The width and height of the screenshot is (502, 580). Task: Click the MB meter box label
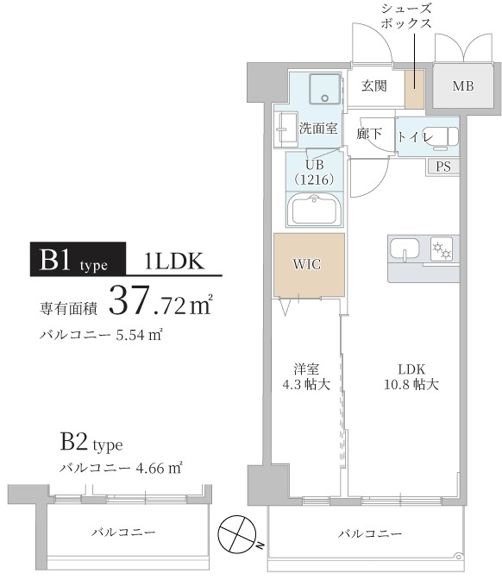[x=462, y=86]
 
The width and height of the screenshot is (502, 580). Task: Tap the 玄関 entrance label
[x=373, y=85]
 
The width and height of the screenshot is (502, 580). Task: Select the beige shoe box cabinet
[x=416, y=85]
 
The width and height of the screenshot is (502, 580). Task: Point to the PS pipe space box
[x=443, y=167]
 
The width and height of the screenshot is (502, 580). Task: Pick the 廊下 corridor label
[x=369, y=136]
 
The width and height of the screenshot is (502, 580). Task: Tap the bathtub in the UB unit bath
[x=315, y=210]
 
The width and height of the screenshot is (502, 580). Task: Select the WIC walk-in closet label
[x=308, y=264]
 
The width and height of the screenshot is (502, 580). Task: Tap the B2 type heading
[x=91, y=445]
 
